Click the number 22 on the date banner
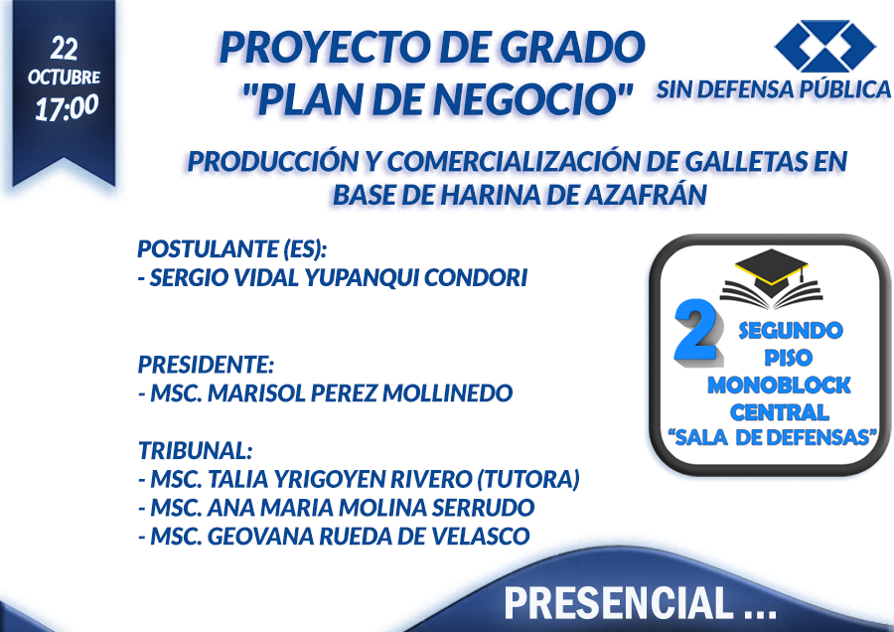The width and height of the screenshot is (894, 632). (x=64, y=49)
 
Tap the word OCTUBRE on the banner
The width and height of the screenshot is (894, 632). (x=64, y=77)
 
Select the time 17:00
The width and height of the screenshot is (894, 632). (x=67, y=107)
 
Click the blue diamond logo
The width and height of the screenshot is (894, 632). (x=824, y=46)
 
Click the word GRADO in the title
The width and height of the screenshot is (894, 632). (x=572, y=48)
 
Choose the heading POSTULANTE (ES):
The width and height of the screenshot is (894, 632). (x=232, y=249)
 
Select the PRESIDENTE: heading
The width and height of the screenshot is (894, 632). (x=206, y=365)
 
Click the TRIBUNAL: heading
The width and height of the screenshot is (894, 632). (x=196, y=450)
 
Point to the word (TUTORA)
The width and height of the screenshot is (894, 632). (x=527, y=479)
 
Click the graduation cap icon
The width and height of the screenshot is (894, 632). (x=772, y=278)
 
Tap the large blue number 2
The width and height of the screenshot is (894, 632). (x=698, y=331)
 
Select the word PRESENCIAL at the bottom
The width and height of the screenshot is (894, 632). (x=619, y=603)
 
